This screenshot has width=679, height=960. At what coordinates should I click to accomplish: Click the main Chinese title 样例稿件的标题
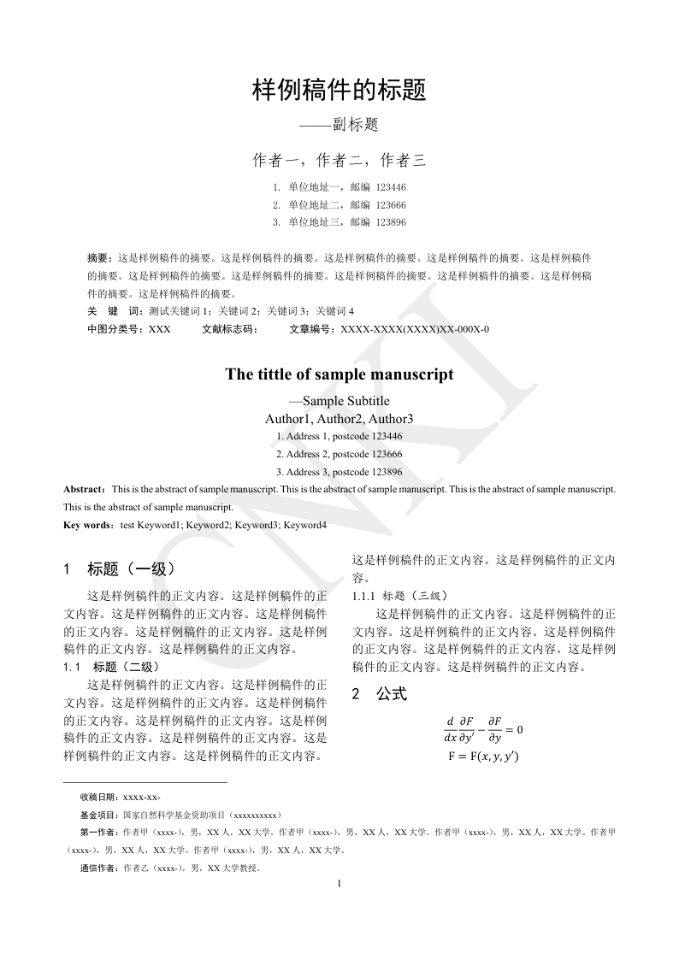[339, 91]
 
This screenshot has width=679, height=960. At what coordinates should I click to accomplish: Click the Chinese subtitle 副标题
[356, 125]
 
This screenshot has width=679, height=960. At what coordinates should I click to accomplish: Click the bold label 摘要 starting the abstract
[99, 257]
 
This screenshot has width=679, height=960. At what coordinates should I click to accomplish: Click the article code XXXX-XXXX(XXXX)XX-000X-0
[415, 329]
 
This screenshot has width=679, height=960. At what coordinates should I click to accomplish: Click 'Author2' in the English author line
[340, 419]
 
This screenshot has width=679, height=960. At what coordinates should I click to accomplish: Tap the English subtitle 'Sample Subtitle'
[345, 401]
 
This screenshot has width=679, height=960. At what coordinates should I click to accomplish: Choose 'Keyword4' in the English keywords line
[305, 525]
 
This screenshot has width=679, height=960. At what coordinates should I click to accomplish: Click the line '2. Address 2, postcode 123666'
[339, 454]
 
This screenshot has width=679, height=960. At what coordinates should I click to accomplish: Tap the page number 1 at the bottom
[339, 883]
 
